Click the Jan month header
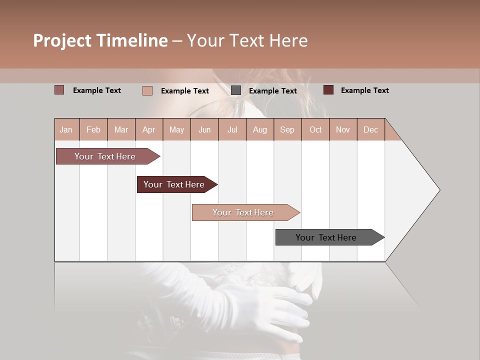coord(66,129)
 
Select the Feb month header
coord(93,129)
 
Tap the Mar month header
coord(121,129)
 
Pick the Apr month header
coord(149,129)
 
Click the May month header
coord(176,129)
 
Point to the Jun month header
coord(204,129)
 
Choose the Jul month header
coord(232,129)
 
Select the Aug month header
coord(260,129)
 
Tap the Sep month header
coord(287,129)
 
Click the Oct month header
coord(315,129)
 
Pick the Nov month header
coord(343,129)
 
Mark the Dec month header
coord(371,129)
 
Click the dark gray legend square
coord(236,90)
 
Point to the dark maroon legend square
coord(328,90)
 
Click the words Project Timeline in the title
coord(100,40)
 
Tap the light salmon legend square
coord(147,90)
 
